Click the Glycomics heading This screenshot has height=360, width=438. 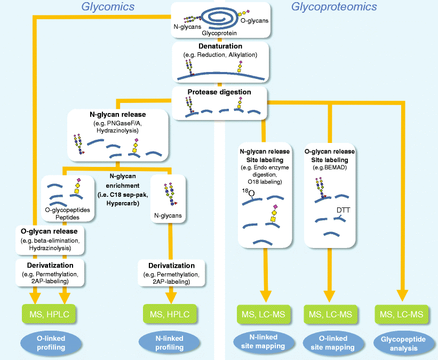pyautogui.click(x=108, y=7)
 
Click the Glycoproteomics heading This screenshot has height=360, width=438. pyautogui.click(x=334, y=7)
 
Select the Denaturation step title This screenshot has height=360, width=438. pyautogui.click(x=220, y=46)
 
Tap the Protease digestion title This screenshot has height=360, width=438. pyautogui.click(x=219, y=92)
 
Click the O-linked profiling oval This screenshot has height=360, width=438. pyautogui.click(x=51, y=343)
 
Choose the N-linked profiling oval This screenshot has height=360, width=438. pyautogui.click(x=169, y=343)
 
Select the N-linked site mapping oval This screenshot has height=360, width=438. pyautogui.click(x=263, y=341)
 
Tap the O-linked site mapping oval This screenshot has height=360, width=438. pyautogui.click(x=333, y=343)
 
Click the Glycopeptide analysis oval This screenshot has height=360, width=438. pyautogui.click(x=404, y=343)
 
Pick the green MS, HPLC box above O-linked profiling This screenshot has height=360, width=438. pyautogui.click(x=49, y=314)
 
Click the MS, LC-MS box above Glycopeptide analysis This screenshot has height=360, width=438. pyautogui.click(x=401, y=315)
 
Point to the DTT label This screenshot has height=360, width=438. pyautogui.click(x=344, y=210)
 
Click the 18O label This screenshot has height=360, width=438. pyautogui.click(x=248, y=193)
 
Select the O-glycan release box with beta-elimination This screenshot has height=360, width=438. pyautogui.click(x=50, y=240)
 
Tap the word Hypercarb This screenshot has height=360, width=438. pyautogui.click(x=123, y=203)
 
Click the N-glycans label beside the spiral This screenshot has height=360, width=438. pyautogui.click(x=187, y=27)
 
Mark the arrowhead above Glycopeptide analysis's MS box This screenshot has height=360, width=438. pyautogui.click(x=403, y=296)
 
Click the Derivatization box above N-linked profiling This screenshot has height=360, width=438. pyautogui.click(x=171, y=273)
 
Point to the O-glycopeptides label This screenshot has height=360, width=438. pyautogui.click(x=67, y=210)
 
